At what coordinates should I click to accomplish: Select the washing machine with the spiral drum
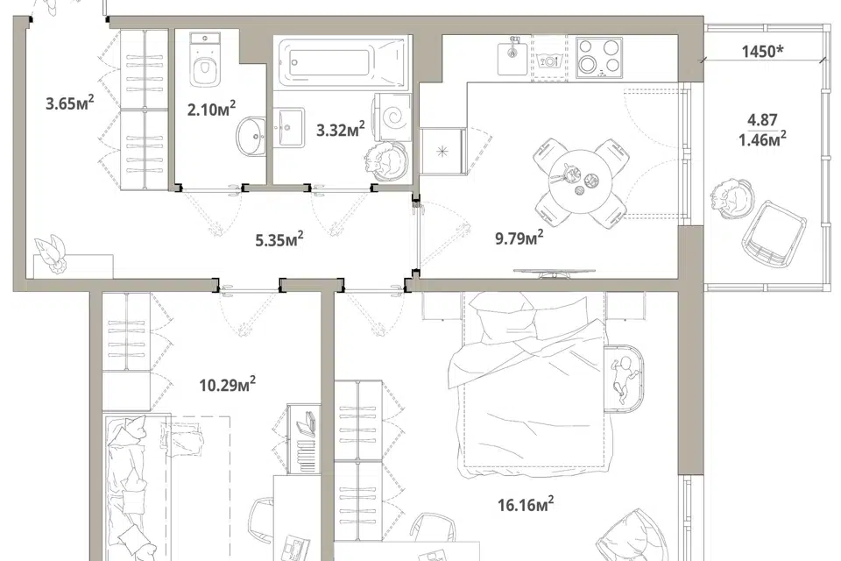click(x=393, y=117)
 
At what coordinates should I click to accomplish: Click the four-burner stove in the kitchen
click(x=599, y=57)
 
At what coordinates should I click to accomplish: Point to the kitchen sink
click(x=513, y=56)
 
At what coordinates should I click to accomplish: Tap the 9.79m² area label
click(x=519, y=238)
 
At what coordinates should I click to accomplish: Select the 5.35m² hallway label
click(x=279, y=239)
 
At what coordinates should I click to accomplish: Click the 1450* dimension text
click(x=763, y=52)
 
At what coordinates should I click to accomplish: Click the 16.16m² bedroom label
click(x=526, y=504)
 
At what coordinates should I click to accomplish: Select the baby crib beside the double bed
click(x=625, y=379)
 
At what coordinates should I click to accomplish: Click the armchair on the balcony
click(x=774, y=234)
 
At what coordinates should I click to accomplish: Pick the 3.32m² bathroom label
click(x=341, y=130)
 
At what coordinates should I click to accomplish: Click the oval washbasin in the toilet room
click(x=251, y=136)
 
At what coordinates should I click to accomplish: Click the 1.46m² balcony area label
click(x=762, y=139)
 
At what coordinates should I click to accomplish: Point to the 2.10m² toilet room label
click(x=211, y=109)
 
